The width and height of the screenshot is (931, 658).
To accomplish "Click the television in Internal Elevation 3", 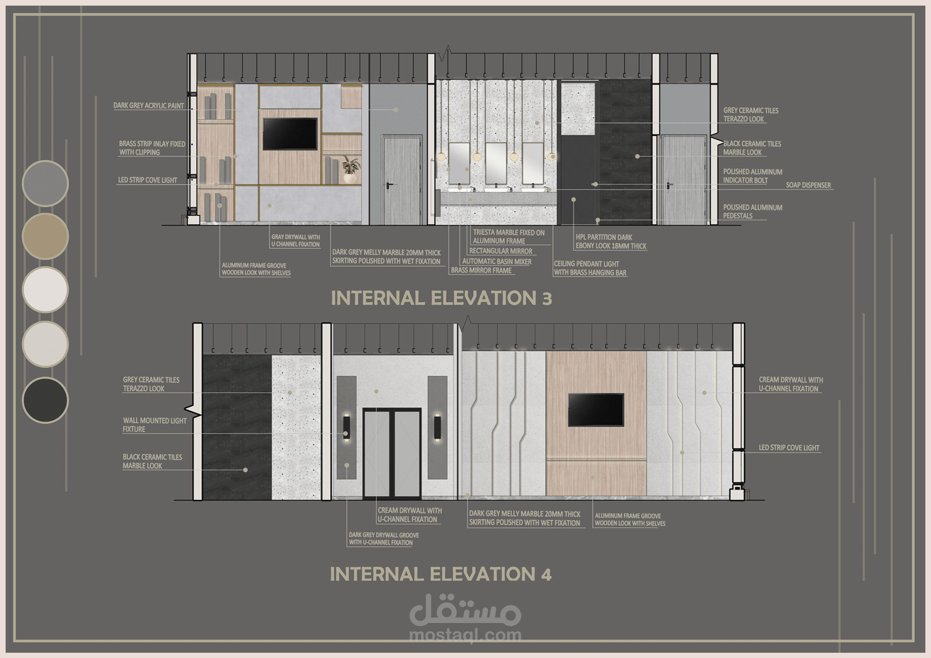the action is tap(290, 134).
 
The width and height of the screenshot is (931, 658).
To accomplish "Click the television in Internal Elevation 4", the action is tap(596, 410).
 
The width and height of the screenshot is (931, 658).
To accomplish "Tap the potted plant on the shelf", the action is tap(350, 169).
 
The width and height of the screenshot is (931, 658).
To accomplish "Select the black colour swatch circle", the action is tap(45, 400).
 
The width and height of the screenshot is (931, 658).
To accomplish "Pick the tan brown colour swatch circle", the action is tap(45, 236).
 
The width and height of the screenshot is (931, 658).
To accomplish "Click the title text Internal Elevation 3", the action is tap(441, 298).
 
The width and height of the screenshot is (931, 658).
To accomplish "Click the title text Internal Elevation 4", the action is tap(441, 574).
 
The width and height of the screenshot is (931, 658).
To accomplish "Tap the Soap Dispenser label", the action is tap(808, 185).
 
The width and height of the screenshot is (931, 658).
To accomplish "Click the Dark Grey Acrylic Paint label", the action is tap(148, 105).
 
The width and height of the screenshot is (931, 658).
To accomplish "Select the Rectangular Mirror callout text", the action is tap(501, 251).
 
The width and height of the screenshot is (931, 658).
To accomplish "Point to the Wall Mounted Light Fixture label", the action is tap(155, 425).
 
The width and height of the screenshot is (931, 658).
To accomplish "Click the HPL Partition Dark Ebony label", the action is tap(611, 242).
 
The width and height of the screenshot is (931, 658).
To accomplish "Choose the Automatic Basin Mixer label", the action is tap(497, 262).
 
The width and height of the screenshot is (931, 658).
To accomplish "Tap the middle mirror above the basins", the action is tap(496, 163).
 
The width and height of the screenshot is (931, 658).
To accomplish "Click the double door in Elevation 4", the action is tap(392, 453).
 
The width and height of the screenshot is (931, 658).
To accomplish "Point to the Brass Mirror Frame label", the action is tap(481, 270).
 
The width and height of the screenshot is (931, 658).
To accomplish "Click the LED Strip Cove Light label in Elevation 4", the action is tap(789, 447).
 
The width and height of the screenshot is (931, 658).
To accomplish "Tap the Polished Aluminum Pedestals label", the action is tap(753, 212).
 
